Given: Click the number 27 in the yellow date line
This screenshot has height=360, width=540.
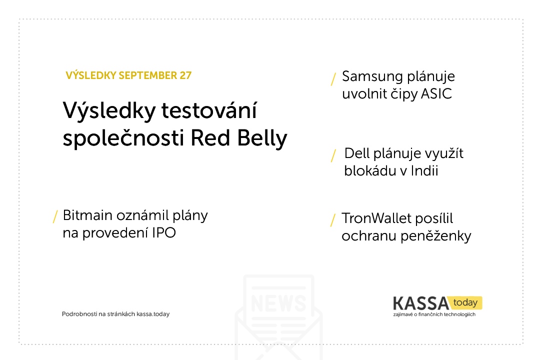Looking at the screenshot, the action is [185, 75].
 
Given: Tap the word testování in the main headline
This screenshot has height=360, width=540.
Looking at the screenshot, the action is [209, 110].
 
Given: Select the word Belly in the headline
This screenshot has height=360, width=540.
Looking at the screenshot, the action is [262, 138].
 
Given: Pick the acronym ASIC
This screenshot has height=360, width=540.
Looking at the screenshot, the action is [436, 93].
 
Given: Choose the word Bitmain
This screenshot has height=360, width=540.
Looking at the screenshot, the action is [87, 215].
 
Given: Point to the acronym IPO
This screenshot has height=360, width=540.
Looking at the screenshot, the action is [164, 233].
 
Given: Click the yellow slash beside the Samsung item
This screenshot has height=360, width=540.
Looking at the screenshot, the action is [333, 79].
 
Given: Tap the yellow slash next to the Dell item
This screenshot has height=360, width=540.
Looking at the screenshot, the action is [333, 155].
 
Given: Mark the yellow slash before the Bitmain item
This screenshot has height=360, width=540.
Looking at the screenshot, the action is [55, 216].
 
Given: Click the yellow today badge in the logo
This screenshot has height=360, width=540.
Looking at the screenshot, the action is [465, 303].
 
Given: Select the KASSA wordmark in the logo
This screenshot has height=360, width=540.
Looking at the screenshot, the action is [421, 303].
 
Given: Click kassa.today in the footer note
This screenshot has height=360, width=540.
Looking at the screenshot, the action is [153, 314].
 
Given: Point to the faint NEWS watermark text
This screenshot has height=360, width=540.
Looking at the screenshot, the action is [278, 303].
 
